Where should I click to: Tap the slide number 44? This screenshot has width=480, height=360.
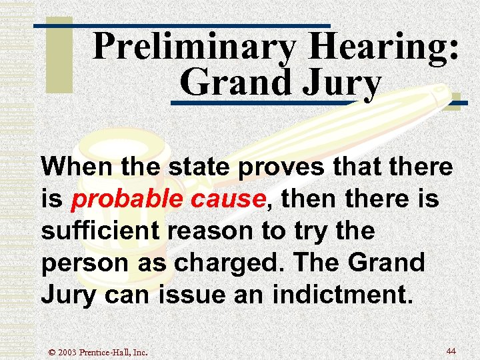[x=451, y=351]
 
